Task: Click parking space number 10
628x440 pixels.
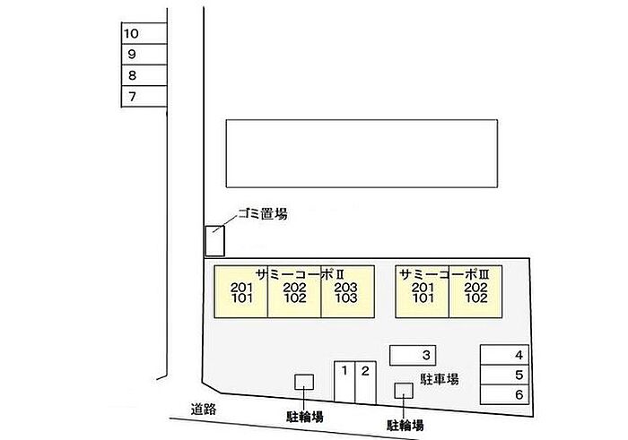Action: (144, 34)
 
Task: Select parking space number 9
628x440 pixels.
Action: (144, 55)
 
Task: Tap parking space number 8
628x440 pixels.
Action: (144, 76)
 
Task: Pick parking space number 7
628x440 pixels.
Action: (144, 97)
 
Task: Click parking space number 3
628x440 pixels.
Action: (413, 355)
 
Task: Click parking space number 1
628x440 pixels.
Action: (345, 382)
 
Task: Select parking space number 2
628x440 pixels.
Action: (365, 382)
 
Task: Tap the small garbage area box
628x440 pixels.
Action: (214, 240)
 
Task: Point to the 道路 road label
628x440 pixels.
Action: (205, 409)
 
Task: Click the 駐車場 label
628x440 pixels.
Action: (440, 380)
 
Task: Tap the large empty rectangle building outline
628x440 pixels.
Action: (362, 152)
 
